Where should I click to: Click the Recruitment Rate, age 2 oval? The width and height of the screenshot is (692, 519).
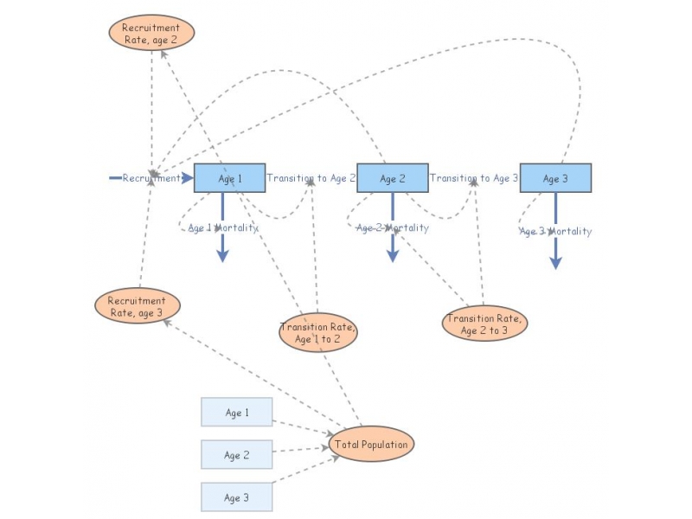pyautogui.click(x=151, y=33)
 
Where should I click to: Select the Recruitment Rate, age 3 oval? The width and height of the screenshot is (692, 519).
pyautogui.click(x=137, y=306)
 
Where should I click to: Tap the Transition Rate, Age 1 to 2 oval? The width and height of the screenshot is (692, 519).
pyautogui.click(x=318, y=333)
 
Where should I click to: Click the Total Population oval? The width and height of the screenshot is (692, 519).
pyautogui.click(x=372, y=445)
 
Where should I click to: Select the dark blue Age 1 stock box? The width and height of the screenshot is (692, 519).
pyautogui.click(x=229, y=178)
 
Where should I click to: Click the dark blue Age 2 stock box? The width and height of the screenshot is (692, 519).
pyautogui.click(x=393, y=178)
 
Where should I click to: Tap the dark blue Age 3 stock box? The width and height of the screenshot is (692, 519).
pyautogui.click(x=555, y=178)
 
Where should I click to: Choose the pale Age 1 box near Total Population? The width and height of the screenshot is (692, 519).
pyautogui.click(x=237, y=413)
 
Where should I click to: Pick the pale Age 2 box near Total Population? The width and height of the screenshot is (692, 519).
pyautogui.click(x=237, y=454)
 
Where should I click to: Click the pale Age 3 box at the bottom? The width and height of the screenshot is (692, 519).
pyautogui.click(x=237, y=497)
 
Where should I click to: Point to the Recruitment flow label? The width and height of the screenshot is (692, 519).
pyautogui.click(x=151, y=178)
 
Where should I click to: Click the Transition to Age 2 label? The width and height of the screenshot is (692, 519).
pyautogui.click(x=311, y=178)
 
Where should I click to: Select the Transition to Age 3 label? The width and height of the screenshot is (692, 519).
pyautogui.click(x=474, y=178)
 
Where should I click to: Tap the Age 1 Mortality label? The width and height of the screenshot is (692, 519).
pyautogui.click(x=222, y=228)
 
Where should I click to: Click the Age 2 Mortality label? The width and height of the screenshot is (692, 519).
pyautogui.click(x=393, y=228)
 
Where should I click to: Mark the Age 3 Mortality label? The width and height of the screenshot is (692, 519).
pyautogui.click(x=555, y=231)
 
